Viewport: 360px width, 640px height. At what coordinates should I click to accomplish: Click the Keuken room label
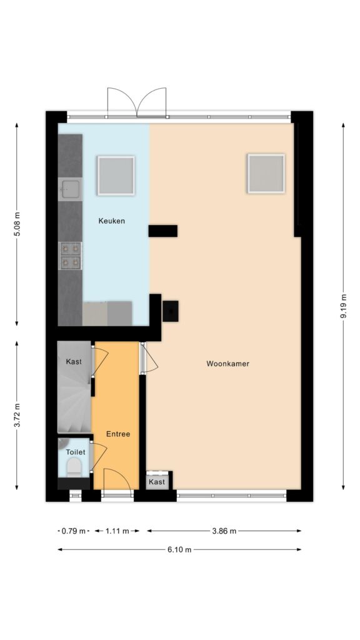[x=111, y=221]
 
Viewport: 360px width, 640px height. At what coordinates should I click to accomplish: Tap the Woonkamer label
[x=227, y=364]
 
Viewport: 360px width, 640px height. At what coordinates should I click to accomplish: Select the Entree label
[x=118, y=434]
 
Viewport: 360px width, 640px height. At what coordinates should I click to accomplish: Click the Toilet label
[x=76, y=452]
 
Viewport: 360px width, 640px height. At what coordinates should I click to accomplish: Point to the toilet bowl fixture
[x=74, y=466]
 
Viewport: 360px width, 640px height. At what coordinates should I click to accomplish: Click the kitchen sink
[x=71, y=189]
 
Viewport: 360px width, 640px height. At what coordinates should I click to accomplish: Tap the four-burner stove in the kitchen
[x=71, y=256]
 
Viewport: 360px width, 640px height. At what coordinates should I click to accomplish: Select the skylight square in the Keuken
[x=116, y=176]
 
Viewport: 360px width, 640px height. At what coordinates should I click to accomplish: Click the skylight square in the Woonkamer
[x=266, y=174]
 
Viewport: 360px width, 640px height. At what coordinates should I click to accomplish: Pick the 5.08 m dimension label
[x=17, y=224]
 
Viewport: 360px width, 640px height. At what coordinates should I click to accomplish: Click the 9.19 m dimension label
[x=343, y=306]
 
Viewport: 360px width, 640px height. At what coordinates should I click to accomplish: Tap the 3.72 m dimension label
[x=17, y=416]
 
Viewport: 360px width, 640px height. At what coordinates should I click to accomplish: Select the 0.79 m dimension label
[x=74, y=531]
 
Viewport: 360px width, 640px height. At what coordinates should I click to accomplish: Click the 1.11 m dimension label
[x=117, y=531]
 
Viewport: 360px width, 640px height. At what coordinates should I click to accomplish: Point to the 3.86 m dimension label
[x=224, y=531]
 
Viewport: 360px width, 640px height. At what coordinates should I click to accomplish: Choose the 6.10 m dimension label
[x=179, y=549]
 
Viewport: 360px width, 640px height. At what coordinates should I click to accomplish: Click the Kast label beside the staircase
[x=74, y=362]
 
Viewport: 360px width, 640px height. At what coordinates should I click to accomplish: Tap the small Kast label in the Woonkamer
[x=157, y=482]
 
